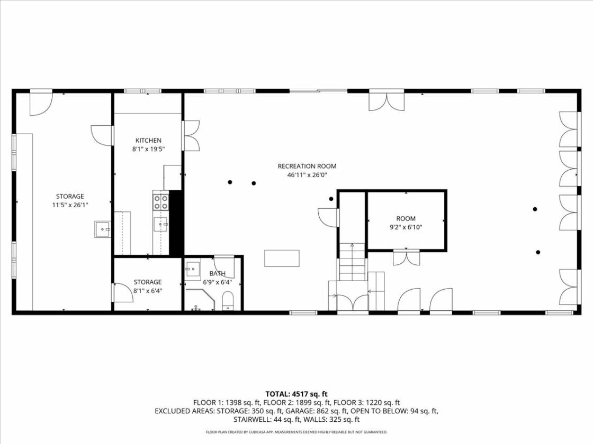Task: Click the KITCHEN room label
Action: (x=148, y=141)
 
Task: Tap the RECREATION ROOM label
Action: (x=307, y=166)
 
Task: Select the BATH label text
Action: (x=217, y=273)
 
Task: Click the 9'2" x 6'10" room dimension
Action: (x=406, y=227)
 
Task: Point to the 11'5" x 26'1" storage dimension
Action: (x=70, y=205)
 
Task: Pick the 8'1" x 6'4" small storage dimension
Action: (x=148, y=291)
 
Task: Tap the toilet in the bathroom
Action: (x=228, y=301)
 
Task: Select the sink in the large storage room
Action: (x=103, y=229)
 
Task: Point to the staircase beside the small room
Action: (x=353, y=262)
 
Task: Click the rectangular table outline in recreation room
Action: (x=282, y=258)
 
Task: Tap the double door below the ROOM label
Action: (x=407, y=257)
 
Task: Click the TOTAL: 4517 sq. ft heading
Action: (x=296, y=394)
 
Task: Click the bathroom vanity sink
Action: (x=193, y=269)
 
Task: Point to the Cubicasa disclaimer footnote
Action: (x=296, y=432)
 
